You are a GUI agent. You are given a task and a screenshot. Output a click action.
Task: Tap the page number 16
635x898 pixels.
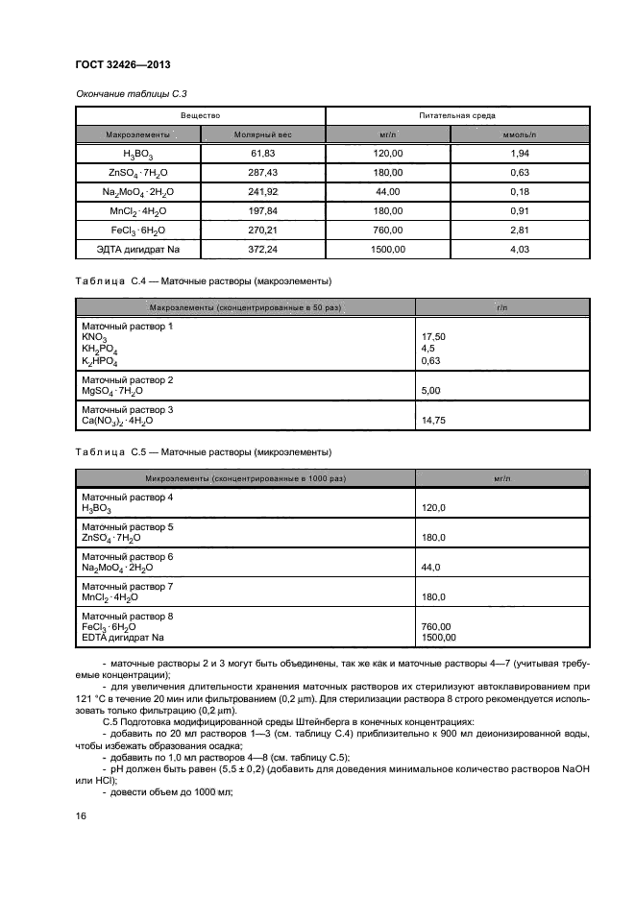[81, 815]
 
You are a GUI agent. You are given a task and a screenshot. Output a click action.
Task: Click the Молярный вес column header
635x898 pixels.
[262, 135]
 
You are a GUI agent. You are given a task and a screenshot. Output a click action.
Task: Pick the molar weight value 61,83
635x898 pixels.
[262, 154]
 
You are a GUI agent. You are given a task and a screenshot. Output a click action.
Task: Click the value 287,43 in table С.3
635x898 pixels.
[262, 173]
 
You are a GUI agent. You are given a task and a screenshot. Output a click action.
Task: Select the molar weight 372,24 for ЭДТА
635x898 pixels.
[262, 250]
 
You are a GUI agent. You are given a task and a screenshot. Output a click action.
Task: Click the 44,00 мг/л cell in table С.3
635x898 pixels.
[389, 192]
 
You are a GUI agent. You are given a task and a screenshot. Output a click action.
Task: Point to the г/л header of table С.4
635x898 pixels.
[501, 306]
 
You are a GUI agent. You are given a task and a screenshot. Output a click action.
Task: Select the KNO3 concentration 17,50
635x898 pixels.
[434, 338]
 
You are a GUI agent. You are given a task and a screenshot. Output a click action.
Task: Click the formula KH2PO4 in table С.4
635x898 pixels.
[99, 350]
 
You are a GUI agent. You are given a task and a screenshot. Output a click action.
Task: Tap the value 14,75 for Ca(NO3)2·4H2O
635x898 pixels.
[434, 421]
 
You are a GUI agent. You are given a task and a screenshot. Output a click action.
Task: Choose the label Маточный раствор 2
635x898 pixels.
[127, 380]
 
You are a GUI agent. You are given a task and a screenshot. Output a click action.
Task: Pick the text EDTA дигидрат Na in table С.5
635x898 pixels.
[122, 637]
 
